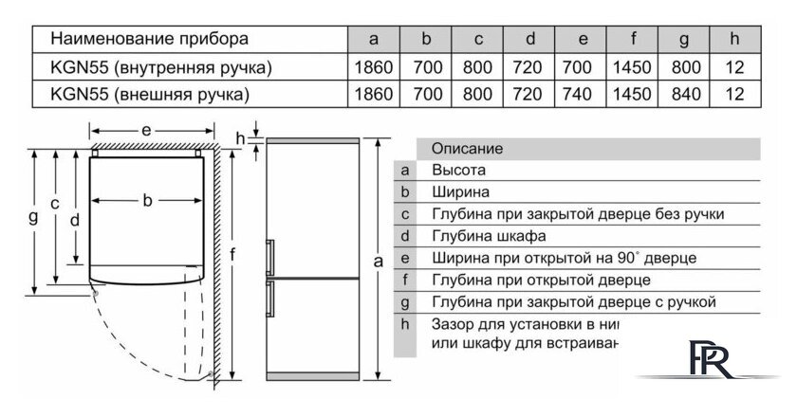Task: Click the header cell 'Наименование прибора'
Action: (x=149, y=39)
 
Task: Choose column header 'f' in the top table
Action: (x=634, y=39)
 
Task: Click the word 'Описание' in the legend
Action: (x=466, y=149)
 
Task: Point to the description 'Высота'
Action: (x=458, y=171)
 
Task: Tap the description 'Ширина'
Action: (x=459, y=192)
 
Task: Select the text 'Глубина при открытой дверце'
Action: (x=540, y=280)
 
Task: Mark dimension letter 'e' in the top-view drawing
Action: (x=147, y=128)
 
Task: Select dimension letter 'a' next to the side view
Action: (x=379, y=260)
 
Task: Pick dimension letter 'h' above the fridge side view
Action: (x=240, y=138)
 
